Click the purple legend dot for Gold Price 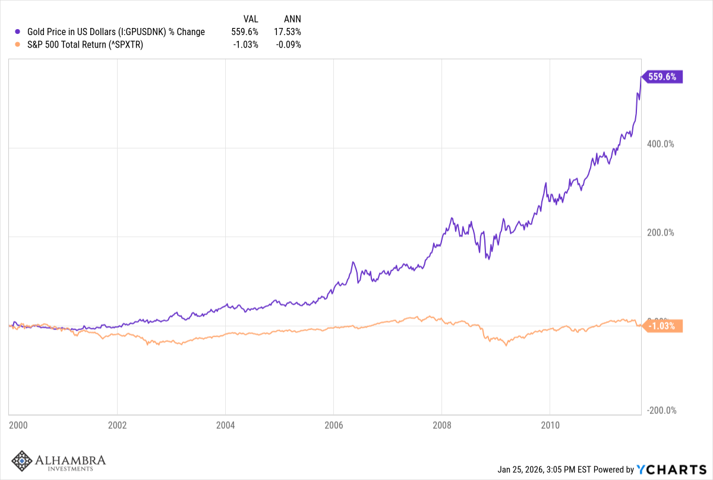coord(18,32)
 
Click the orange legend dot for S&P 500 coord(18,44)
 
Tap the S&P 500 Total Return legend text coord(86,44)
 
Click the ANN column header coord(293,19)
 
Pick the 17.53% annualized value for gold coord(288,32)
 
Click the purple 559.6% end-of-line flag coord(662,77)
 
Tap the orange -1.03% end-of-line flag coord(662,325)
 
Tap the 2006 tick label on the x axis coord(334,425)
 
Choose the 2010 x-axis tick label coord(550,425)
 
